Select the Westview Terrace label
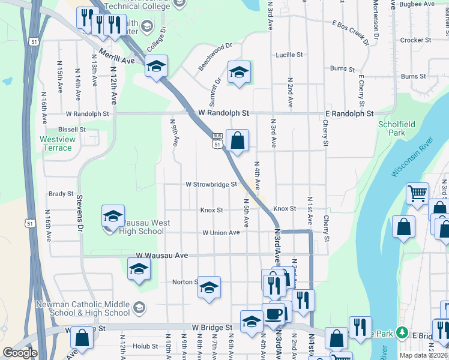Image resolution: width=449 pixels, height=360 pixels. (x=56, y=143)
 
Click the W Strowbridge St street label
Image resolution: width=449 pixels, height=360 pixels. (x=211, y=185)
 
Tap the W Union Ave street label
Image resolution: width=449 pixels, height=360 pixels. (x=221, y=233)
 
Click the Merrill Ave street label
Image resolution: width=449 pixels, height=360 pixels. (x=117, y=57)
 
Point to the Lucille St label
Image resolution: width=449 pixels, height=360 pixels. (x=289, y=55)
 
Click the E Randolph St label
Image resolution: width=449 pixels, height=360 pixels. (x=349, y=113)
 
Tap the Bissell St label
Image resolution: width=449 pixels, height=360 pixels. (x=72, y=129)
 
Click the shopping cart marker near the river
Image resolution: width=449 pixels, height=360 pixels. (x=417, y=194)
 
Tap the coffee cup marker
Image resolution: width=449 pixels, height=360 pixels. (x=274, y=314)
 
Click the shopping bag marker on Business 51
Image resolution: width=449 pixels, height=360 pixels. (x=237, y=141)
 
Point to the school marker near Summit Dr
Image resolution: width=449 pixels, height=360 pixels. (x=239, y=72)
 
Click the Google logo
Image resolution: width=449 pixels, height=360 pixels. (x=20, y=353)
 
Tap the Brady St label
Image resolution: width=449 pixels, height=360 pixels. (x=61, y=194)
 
